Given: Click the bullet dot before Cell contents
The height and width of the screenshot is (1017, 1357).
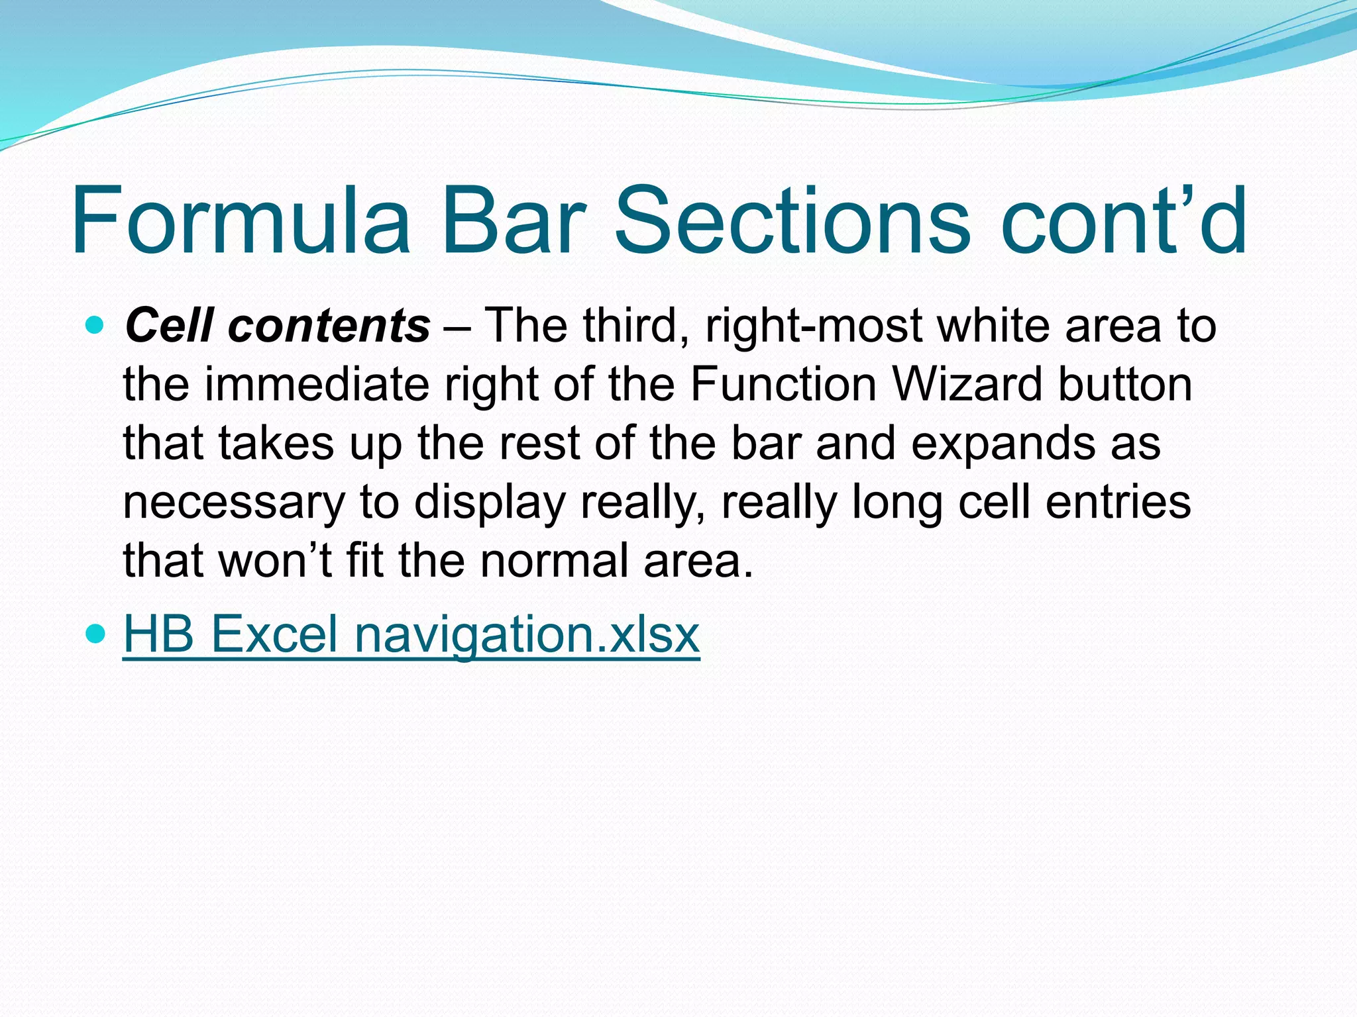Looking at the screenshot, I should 96,325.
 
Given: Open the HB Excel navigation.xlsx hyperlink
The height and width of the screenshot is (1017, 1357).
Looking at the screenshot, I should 411,634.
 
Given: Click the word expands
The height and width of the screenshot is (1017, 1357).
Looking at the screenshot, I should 1003,444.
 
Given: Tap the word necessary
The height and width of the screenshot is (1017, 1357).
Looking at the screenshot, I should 234,502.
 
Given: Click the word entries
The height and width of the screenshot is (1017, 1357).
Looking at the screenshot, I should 1118,502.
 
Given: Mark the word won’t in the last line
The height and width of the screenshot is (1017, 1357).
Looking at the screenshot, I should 275,560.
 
